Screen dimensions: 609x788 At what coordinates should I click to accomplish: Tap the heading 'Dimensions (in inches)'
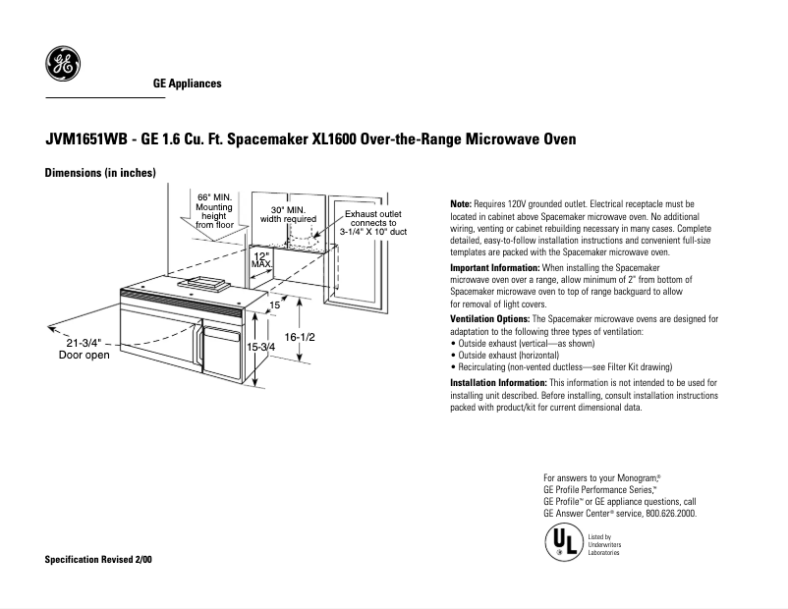tap(101, 174)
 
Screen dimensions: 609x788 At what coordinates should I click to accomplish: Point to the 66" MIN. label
tap(213, 197)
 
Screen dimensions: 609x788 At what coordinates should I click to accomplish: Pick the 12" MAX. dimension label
tap(261, 260)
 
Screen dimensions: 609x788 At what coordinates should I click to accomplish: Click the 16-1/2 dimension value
tap(300, 337)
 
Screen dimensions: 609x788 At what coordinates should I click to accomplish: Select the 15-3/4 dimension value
tap(261, 348)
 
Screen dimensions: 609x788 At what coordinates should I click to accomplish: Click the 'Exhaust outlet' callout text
tap(372, 213)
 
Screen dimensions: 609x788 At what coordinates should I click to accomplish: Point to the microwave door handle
tap(199, 350)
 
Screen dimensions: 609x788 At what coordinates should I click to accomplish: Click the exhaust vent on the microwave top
tap(203, 286)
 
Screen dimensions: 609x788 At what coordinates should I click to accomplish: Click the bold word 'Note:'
tap(461, 202)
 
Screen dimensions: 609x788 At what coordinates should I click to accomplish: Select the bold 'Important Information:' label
tap(494, 268)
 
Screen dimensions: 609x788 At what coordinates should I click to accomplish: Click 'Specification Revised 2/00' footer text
tap(99, 560)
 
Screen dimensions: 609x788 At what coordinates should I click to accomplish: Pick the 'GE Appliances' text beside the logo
tap(187, 83)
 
